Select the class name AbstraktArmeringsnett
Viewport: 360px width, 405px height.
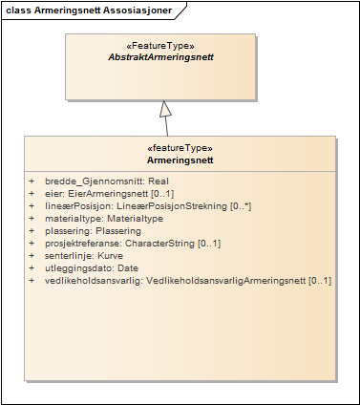tap(160, 57)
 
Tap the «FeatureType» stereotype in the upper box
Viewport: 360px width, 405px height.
tap(160, 45)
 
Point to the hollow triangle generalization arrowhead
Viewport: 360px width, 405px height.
tap(165, 107)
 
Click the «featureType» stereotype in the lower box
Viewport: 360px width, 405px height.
tap(180, 148)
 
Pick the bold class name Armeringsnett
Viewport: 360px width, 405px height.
tap(180, 160)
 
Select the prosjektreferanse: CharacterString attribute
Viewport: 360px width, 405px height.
tap(133, 244)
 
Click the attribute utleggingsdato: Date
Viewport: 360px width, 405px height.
tap(92, 268)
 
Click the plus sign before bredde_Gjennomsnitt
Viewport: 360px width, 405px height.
tap(32, 181)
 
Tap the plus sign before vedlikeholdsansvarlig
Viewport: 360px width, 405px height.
tap(32, 281)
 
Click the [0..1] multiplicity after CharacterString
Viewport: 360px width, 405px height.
tap(210, 244)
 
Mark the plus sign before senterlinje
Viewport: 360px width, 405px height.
tap(32, 256)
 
